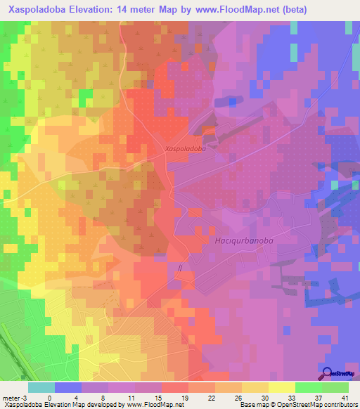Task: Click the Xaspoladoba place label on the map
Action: point(186,149)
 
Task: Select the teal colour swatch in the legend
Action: point(41,387)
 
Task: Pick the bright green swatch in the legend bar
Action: point(309,387)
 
